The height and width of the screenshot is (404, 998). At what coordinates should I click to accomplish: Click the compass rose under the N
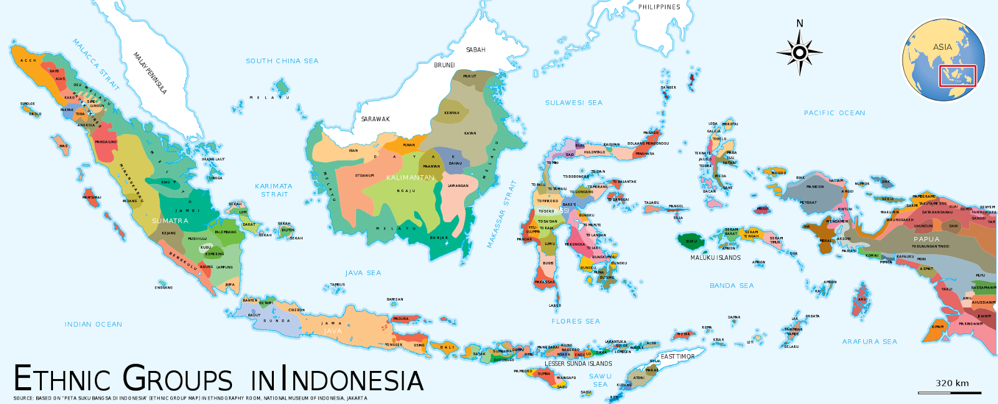[800, 52]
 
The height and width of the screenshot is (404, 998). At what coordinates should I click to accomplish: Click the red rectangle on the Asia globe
[957, 75]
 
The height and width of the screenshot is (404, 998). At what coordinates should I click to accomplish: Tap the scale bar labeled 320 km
[949, 392]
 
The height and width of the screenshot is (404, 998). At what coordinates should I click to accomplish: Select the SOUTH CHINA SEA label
[282, 61]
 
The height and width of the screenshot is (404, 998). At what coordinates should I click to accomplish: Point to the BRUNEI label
[445, 65]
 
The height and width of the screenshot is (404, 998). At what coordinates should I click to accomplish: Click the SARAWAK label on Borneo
[375, 119]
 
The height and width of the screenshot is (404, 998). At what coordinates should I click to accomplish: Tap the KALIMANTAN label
[410, 178]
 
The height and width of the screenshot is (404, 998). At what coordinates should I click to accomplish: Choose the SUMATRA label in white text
[170, 221]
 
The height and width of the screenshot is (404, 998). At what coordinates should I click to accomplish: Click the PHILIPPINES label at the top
[659, 7]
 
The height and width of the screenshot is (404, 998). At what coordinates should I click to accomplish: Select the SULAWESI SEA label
[574, 103]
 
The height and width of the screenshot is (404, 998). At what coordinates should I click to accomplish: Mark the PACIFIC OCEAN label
[834, 113]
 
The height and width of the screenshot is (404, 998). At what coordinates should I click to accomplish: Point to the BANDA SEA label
[732, 286]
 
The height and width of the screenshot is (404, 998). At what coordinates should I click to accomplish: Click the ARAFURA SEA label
[870, 342]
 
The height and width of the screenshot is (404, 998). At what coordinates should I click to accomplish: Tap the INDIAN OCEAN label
[94, 324]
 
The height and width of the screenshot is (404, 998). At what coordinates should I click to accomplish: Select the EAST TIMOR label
[677, 357]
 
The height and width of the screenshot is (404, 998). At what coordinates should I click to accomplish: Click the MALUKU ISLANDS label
[715, 257]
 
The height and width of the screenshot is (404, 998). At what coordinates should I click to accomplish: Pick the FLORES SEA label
[575, 321]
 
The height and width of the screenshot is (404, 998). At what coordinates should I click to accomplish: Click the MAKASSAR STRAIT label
[502, 214]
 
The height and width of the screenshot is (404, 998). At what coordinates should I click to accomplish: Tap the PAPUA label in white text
[926, 239]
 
